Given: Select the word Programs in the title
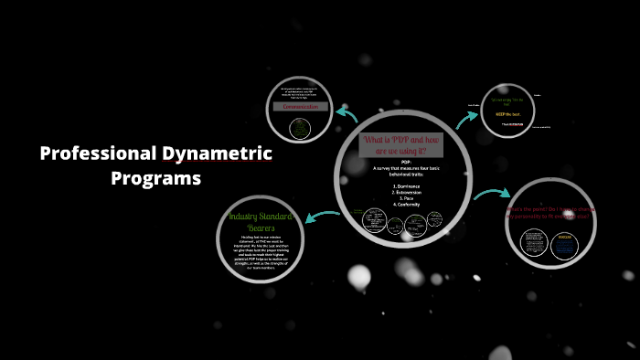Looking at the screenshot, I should pos(155,178).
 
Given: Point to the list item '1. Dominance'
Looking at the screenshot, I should pos(407,185).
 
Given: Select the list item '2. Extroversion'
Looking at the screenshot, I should pos(407,192).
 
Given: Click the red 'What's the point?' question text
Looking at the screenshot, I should pos(550,213).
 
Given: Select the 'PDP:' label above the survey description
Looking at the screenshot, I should pos(407,161).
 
